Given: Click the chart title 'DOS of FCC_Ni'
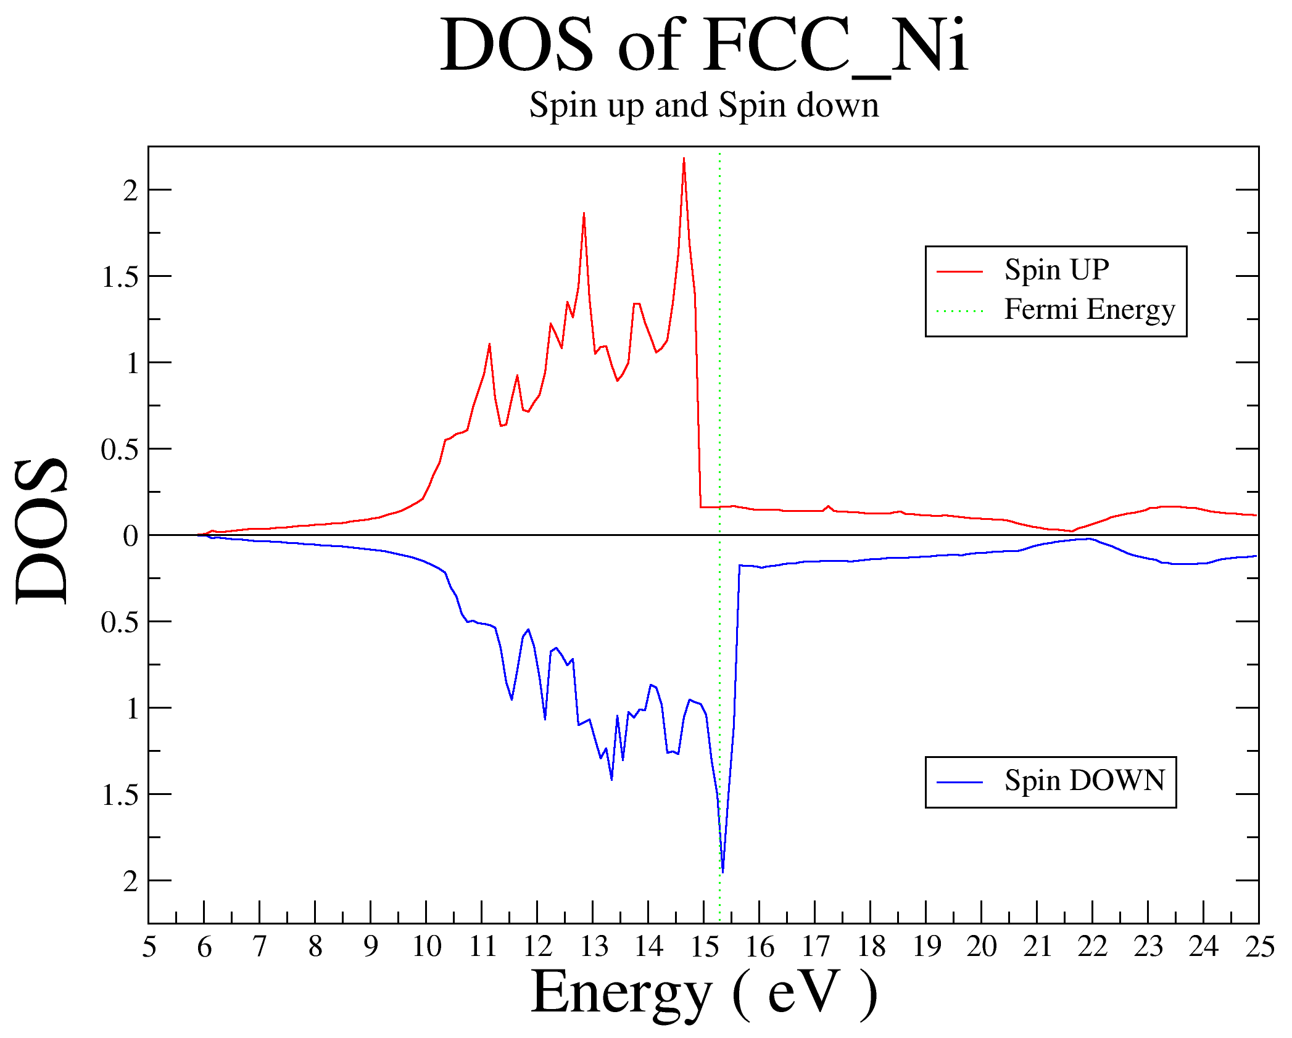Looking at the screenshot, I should coord(703,46).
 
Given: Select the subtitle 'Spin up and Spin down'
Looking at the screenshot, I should coord(704,105).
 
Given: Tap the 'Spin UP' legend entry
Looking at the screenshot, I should coord(1056,270).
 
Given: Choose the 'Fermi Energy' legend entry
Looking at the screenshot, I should coord(1090,309).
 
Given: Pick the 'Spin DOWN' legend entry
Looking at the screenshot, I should coord(1085,780).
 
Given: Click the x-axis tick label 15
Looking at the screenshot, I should coord(704,947).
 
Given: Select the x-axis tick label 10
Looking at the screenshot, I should coord(426,947).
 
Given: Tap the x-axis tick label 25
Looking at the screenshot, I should coord(1259,947).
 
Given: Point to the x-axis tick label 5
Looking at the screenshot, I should coord(149,947).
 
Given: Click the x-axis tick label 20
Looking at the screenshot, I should coord(982,947).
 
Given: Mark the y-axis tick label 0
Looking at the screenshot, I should coord(130,536).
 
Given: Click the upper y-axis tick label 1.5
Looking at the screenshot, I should coord(120,277).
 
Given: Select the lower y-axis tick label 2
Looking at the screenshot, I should coord(130,882).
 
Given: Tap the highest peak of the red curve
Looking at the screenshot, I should coord(684,159).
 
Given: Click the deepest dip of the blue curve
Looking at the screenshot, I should coord(723,871).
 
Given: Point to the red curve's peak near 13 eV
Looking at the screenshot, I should coord(584,213).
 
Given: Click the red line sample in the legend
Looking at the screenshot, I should coord(959,271).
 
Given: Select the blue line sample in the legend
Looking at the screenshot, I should coord(959,782).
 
